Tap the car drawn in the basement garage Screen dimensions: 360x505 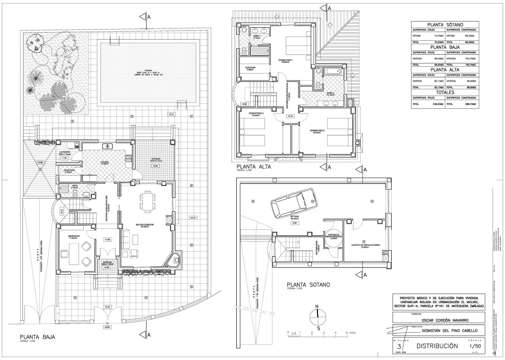pyautogui.click(x=293, y=203)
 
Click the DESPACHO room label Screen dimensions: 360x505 pyautogui.click(x=74, y=236)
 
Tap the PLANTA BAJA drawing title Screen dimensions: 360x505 pyautogui.click(x=37, y=337)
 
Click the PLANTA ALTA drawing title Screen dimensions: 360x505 pyautogui.click(x=253, y=167)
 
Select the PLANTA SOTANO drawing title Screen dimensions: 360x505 pyautogui.click(x=308, y=285)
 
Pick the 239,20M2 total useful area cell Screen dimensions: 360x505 pyautogui.click(x=437, y=104)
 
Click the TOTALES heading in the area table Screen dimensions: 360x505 pyautogui.click(x=445, y=92)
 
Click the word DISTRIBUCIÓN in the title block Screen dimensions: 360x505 pyautogui.click(x=437, y=346)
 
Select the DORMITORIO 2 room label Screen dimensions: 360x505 pyautogui.click(x=317, y=130)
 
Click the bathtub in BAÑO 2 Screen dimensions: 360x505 pyautogui.click(x=334, y=72)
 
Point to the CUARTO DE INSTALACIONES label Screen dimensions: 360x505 pyautogui.click(x=365, y=245)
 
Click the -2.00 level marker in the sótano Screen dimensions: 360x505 pyautogui.click(x=295, y=223)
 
